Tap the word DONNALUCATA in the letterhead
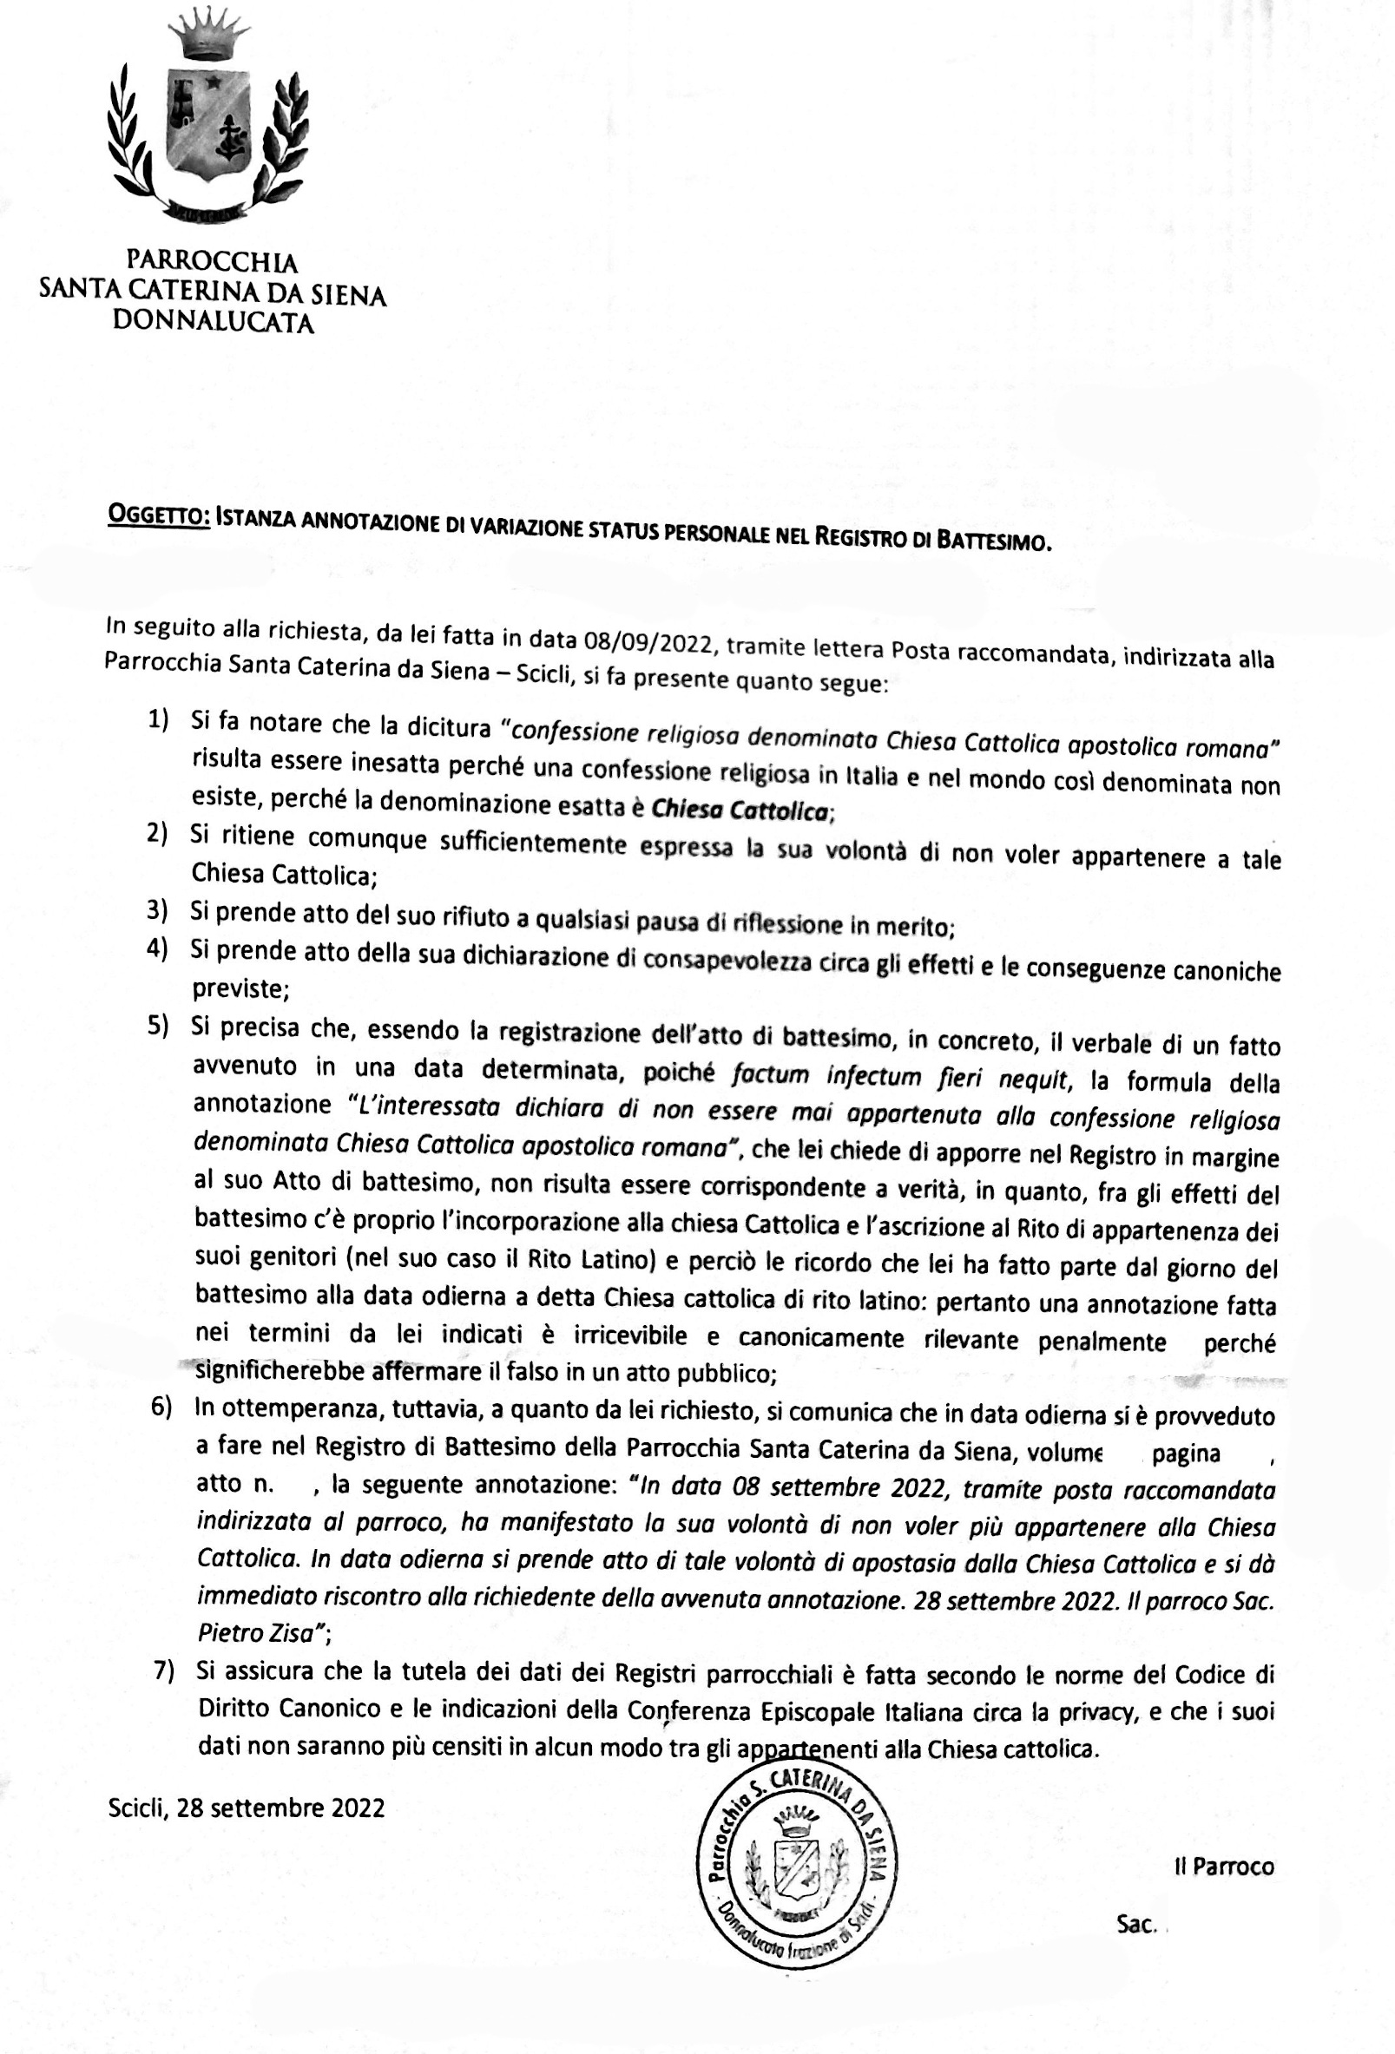tap(213, 323)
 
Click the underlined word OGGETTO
tap(158, 516)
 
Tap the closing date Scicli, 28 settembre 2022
tap(247, 1808)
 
